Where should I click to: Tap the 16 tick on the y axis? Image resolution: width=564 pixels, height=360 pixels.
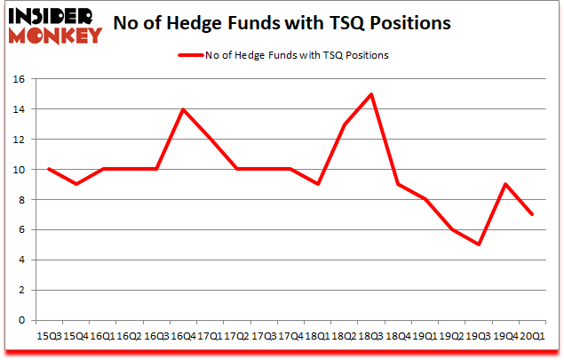pos(17,79)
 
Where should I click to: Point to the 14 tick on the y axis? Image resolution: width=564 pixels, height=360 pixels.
pos(17,109)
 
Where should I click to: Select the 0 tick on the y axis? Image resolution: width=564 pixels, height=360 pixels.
pos(20,320)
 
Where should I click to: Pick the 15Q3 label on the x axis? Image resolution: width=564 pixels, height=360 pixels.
pos(49,337)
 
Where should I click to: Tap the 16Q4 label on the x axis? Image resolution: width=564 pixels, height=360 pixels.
pos(183,337)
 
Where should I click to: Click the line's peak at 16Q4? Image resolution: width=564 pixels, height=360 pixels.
pos(183,109)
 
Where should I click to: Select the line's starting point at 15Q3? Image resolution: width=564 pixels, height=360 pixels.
pos(49,170)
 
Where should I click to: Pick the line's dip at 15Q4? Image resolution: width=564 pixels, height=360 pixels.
pos(75,185)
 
